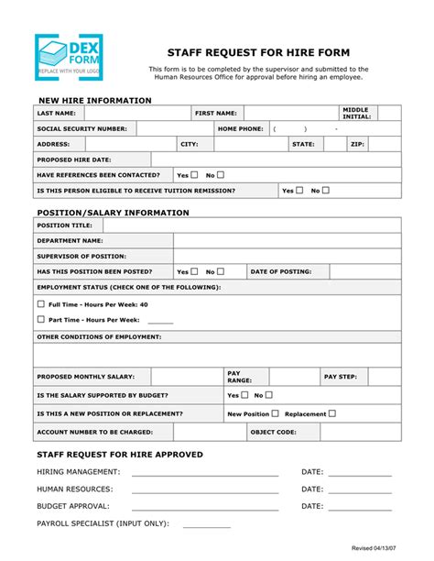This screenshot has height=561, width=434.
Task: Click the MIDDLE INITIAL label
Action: [356, 113]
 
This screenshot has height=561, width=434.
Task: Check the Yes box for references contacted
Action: [194, 174]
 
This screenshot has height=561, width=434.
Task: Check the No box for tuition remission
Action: [351, 191]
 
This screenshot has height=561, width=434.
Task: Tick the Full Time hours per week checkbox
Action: [40, 303]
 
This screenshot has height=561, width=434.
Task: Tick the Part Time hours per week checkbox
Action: [40, 319]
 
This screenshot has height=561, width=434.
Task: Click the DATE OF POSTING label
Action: [281, 271]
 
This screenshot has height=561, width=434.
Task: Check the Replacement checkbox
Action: [331, 413]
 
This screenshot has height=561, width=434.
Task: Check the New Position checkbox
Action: [275, 413]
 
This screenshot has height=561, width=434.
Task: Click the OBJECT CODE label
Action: [273, 431]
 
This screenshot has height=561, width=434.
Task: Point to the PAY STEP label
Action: [341, 377]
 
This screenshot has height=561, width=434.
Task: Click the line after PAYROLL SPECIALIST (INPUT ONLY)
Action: [207, 526]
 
